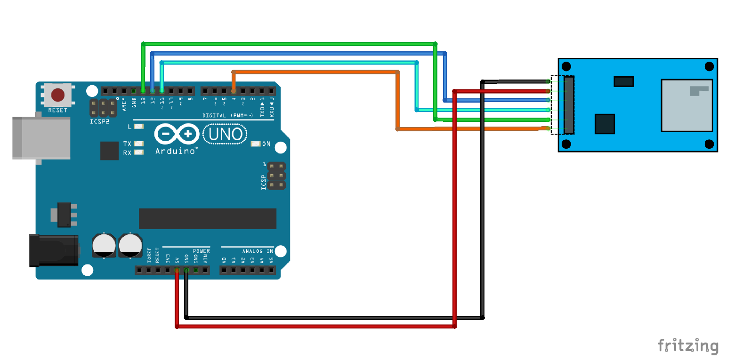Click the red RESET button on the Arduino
(57, 95)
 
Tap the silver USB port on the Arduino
(41, 138)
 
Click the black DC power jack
(53, 250)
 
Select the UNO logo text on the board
(225, 135)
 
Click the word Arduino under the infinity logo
(176, 151)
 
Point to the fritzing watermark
(688, 346)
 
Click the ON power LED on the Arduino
(256, 144)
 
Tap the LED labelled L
(138, 127)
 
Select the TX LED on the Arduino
(138, 144)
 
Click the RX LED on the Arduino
(138, 152)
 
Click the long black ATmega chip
(207, 218)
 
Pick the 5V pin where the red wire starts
(177, 270)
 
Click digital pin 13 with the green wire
(143, 90)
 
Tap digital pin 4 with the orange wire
(234, 90)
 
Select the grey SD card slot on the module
(686, 105)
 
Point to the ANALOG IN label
(258, 251)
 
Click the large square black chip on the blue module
(605, 124)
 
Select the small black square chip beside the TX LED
(109, 151)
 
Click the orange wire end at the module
(548, 128)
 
